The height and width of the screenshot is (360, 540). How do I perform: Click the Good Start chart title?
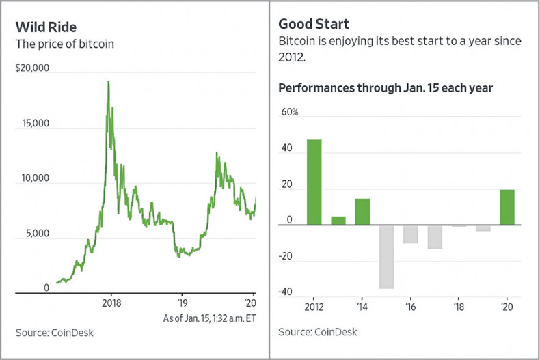(314, 25)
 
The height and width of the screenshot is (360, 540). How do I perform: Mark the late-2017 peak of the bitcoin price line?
(108, 82)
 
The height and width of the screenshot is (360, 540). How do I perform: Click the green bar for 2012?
(314, 182)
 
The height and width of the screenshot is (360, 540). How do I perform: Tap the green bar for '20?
(507, 207)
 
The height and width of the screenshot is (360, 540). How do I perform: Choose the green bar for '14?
(362, 211)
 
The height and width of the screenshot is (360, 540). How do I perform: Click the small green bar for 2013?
(338, 220)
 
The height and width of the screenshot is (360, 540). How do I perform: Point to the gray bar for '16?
(410, 234)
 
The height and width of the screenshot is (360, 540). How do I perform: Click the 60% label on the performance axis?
(290, 112)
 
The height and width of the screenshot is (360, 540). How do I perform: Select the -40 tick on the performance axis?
(286, 292)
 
